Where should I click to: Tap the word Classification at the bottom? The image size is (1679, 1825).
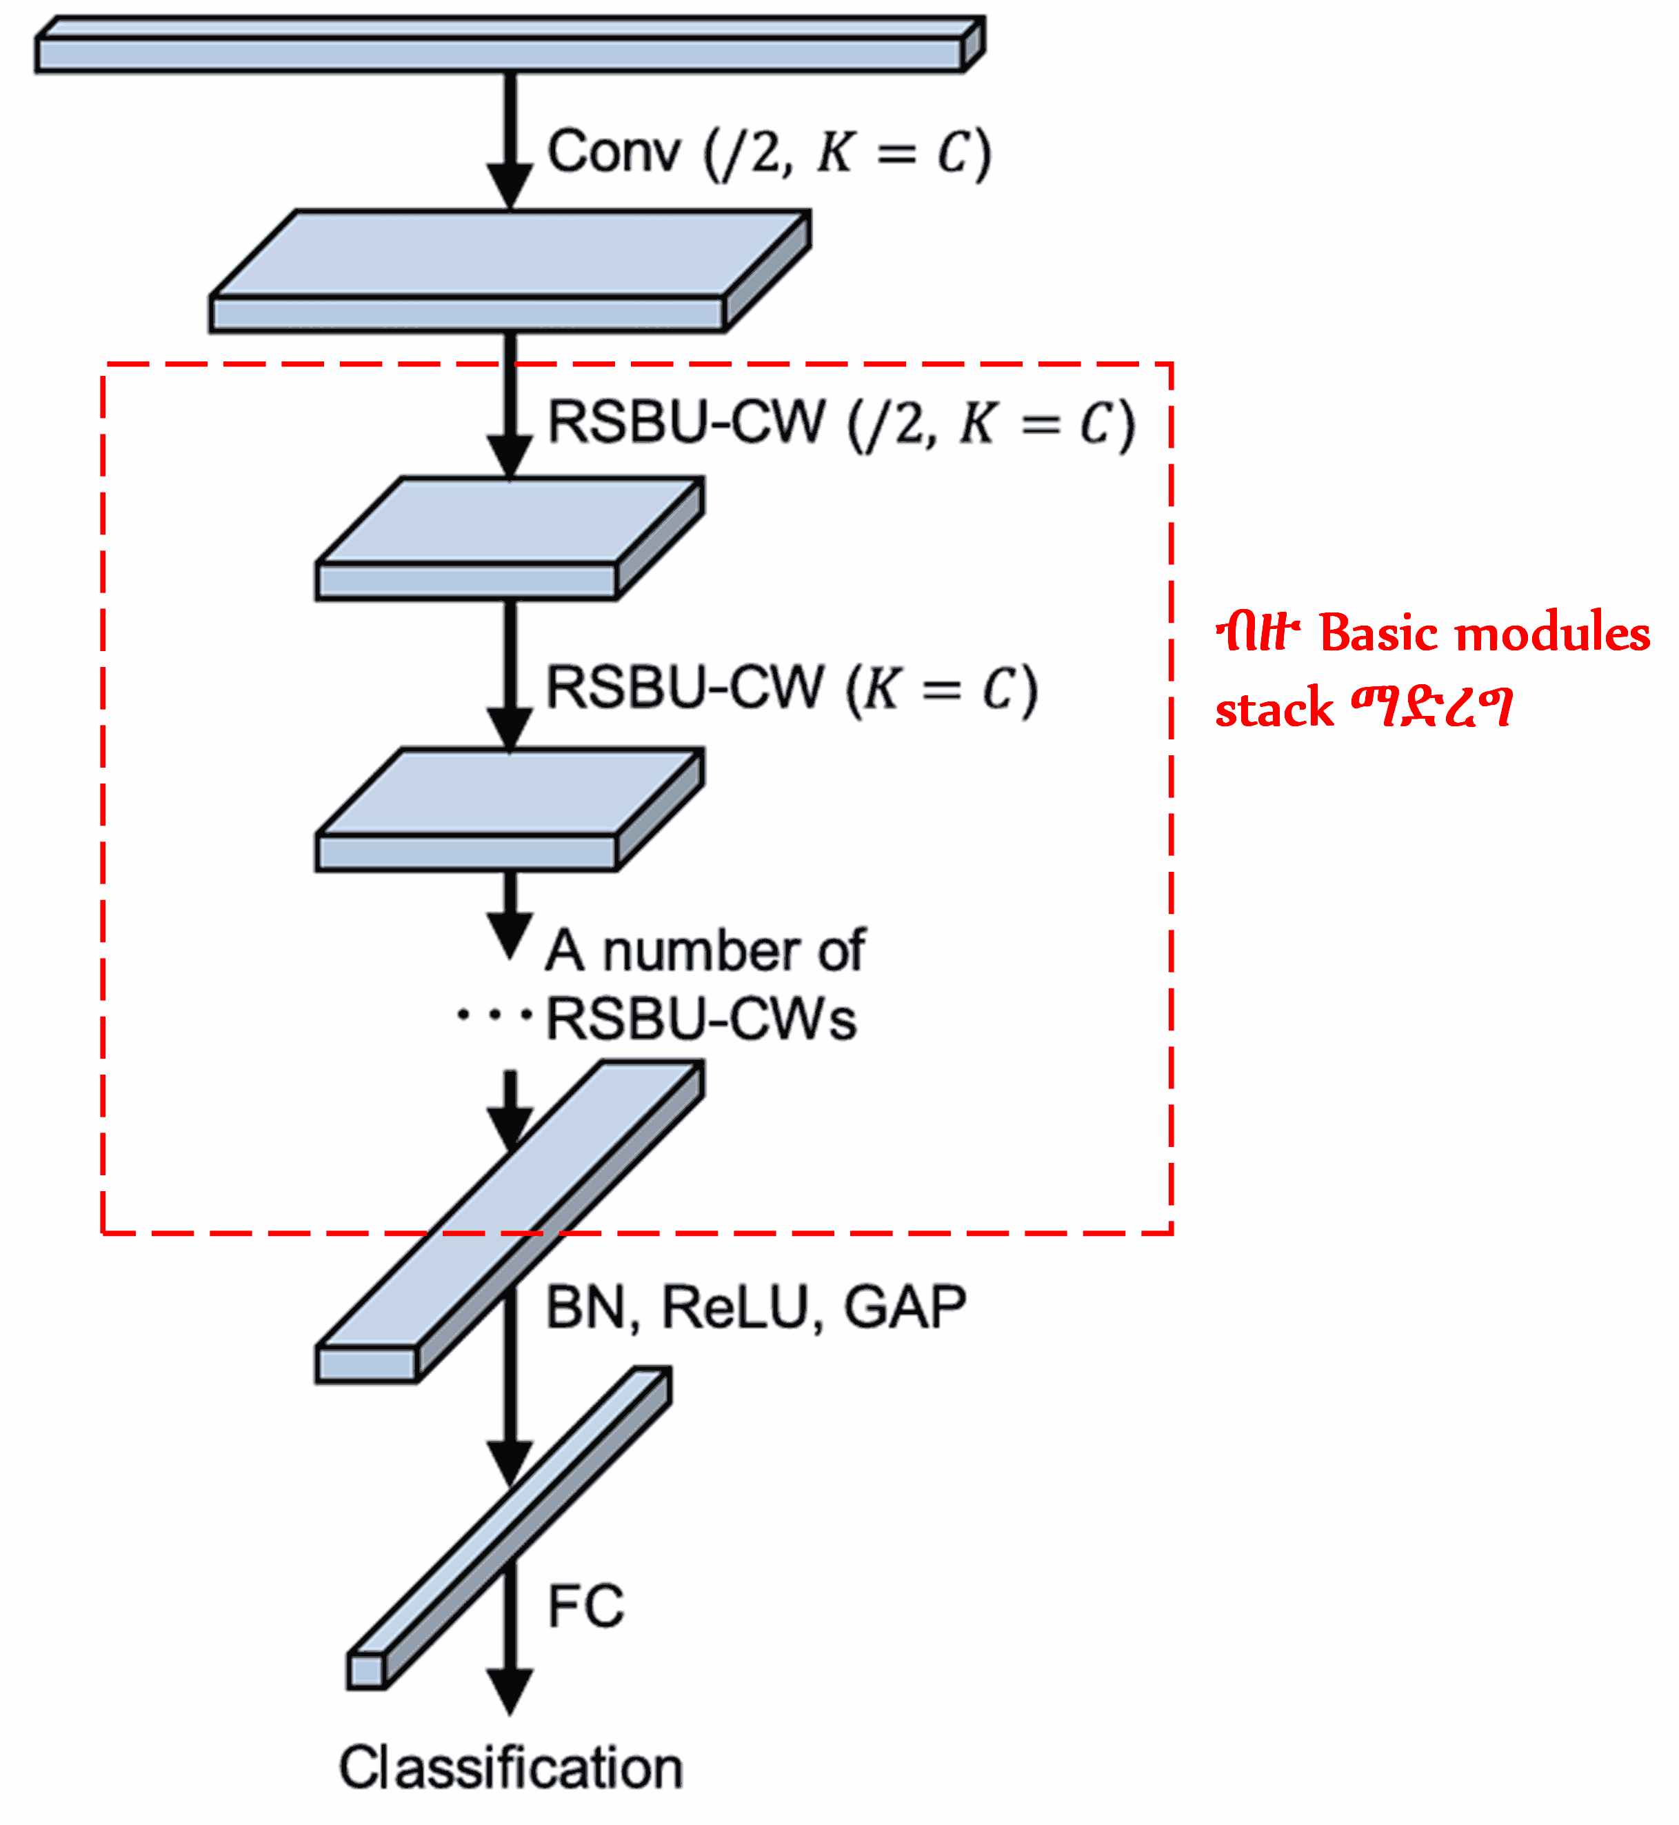tap(511, 1768)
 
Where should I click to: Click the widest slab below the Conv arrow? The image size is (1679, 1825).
tap(509, 272)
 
